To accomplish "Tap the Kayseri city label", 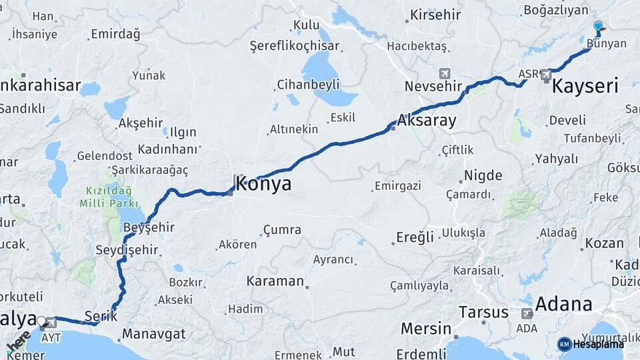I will (x=585, y=85).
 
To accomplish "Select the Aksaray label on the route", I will (x=427, y=121).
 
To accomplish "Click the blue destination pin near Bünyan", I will (x=598, y=27).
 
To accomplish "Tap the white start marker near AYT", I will (x=41, y=321).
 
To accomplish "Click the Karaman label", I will (x=275, y=281).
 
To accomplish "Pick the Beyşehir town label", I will (x=149, y=227).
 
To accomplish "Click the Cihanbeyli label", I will (x=308, y=85).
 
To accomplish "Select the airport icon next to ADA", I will (x=527, y=313).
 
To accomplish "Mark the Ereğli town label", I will (x=415, y=237).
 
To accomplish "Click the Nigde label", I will (x=481, y=176).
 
